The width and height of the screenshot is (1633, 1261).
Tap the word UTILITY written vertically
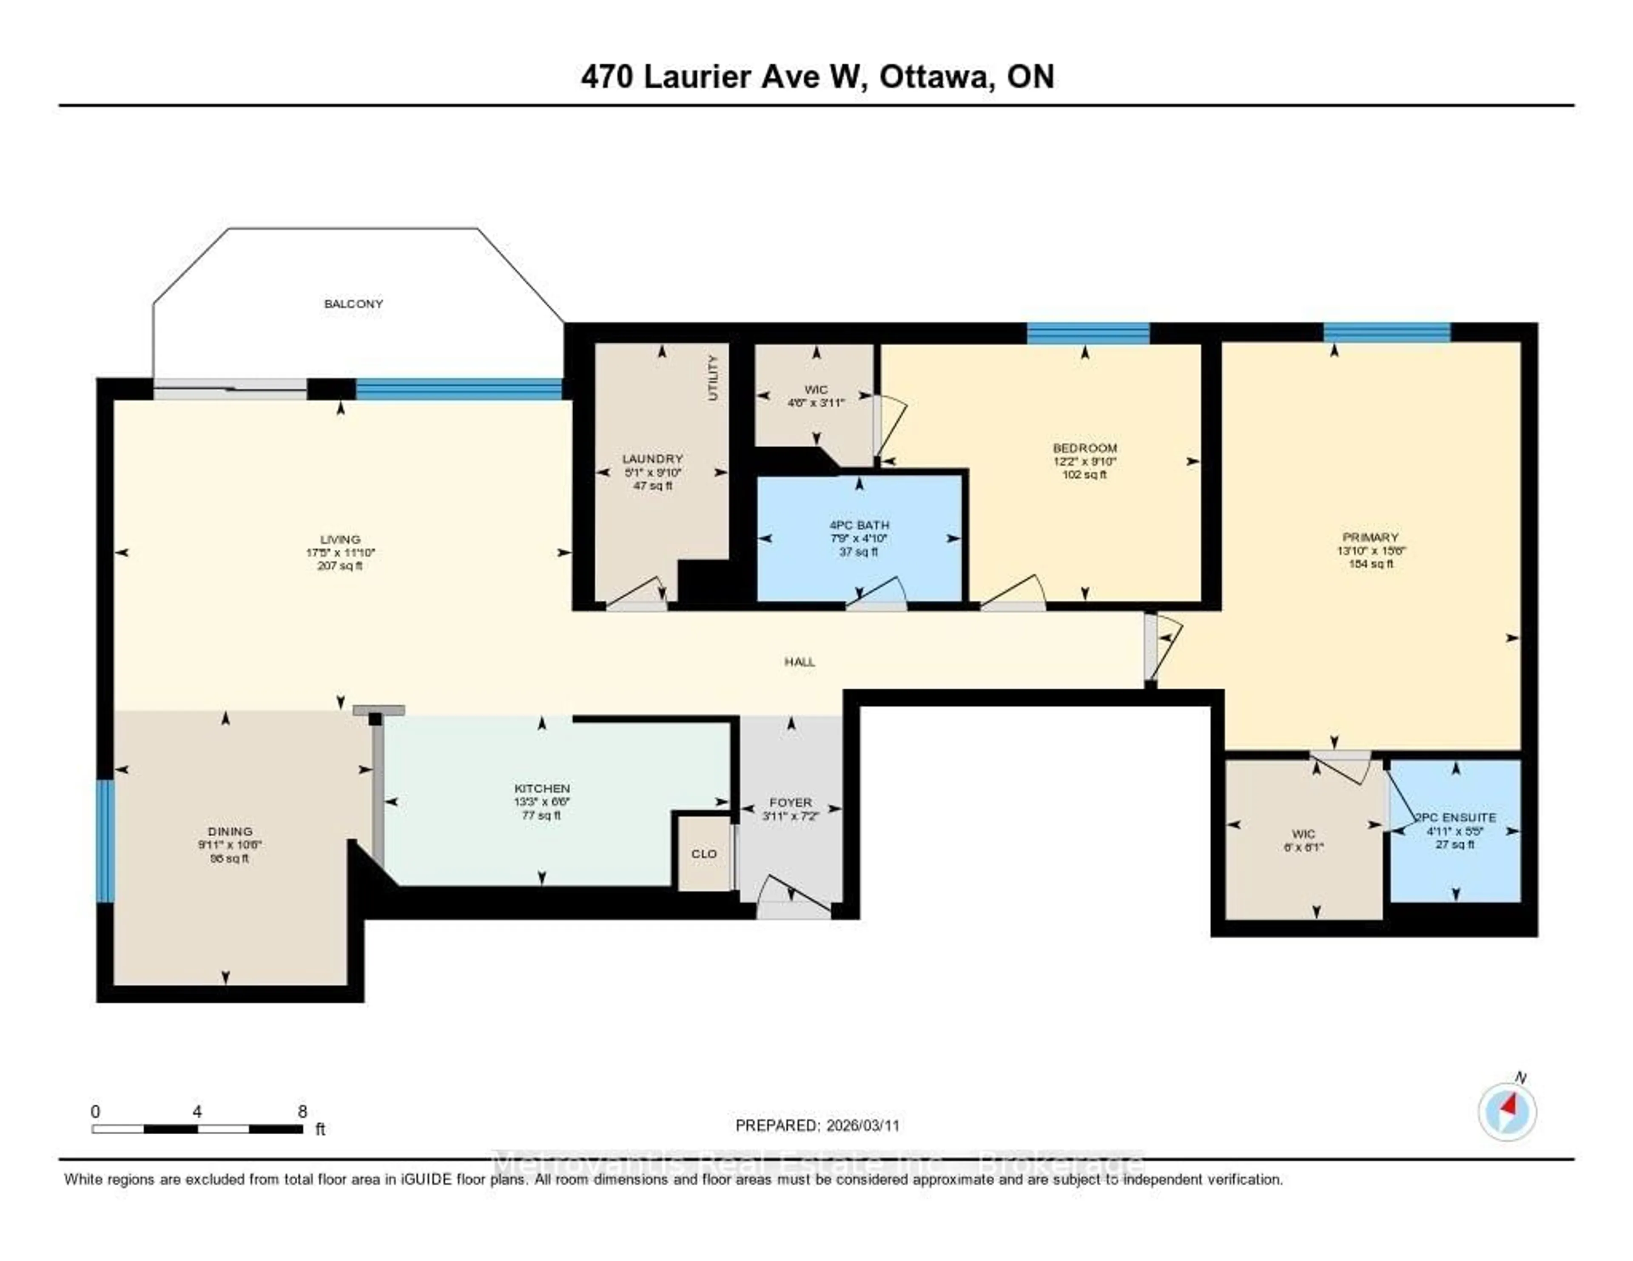click(x=713, y=378)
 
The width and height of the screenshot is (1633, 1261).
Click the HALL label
click(x=799, y=662)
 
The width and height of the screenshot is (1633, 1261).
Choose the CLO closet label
click(x=704, y=854)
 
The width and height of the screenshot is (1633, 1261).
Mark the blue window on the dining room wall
click(x=105, y=841)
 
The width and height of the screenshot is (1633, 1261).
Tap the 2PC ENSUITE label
click(x=1455, y=818)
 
